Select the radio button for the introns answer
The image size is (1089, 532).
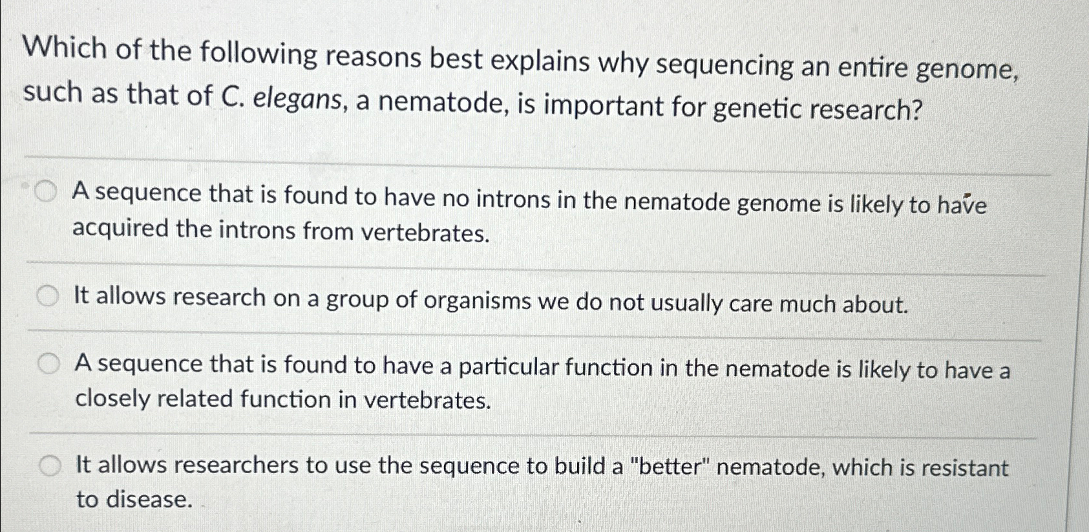[x=45, y=191]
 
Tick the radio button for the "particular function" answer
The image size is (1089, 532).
[x=47, y=365]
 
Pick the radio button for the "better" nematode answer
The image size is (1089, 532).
[x=49, y=465]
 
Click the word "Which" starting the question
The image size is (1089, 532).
[x=65, y=49]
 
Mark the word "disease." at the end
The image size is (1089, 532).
[x=149, y=500]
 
